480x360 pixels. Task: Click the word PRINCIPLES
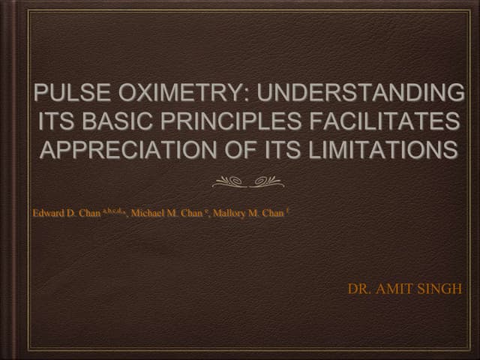pos(235,122)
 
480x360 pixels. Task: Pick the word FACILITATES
pos(389,122)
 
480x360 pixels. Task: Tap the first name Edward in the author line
pos(48,213)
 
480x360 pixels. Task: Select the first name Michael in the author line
pos(148,213)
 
